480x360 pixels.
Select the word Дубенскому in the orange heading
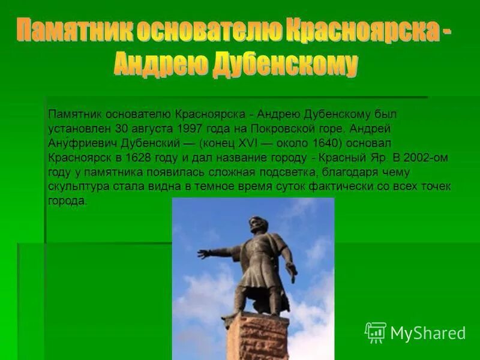[x=284, y=64]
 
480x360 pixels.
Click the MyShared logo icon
[x=376, y=332]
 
